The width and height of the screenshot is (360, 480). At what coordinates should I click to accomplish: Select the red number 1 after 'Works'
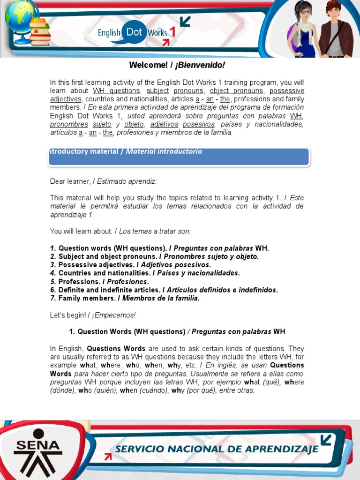pyautogui.click(x=172, y=32)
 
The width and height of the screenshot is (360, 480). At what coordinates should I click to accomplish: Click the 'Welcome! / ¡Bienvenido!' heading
pyautogui.click(x=180, y=65)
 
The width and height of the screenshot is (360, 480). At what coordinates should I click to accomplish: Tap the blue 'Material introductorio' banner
pyautogui.click(x=178, y=157)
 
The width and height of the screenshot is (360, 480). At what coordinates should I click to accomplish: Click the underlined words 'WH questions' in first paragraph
pyautogui.click(x=116, y=91)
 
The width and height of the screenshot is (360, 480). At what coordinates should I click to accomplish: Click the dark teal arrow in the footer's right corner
pyautogui.click(x=325, y=440)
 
